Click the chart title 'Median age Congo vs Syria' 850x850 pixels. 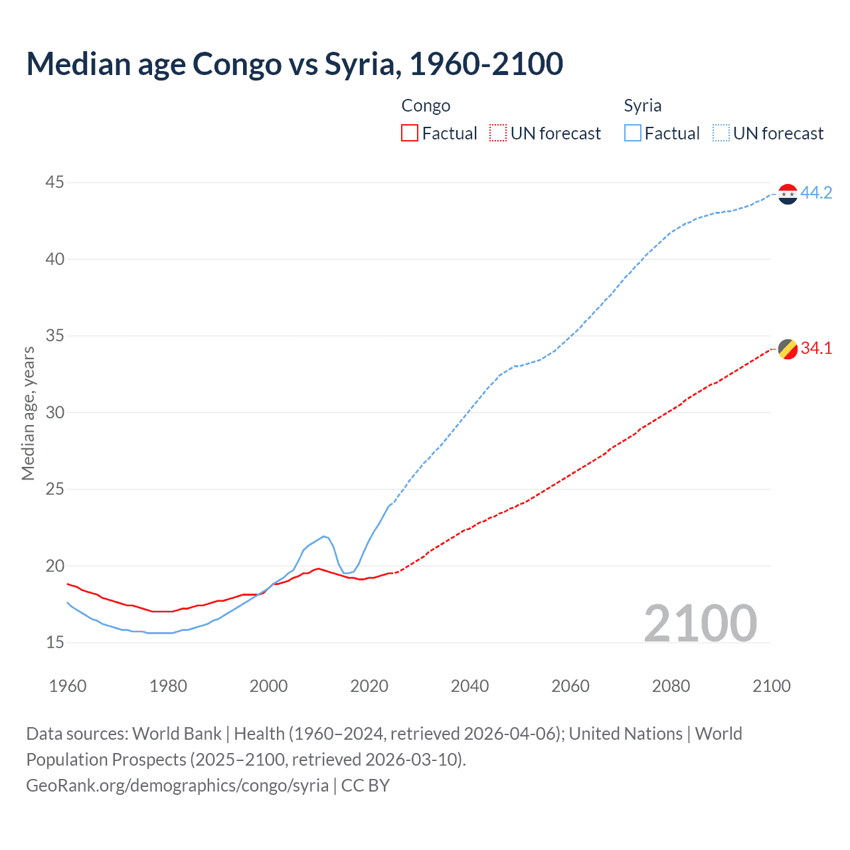[295, 64]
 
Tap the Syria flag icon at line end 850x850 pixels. [788, 194]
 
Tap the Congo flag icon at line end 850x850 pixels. [788, 349]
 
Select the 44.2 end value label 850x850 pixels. [816, 193]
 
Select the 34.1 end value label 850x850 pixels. [816, 348]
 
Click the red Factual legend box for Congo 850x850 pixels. [410, 133]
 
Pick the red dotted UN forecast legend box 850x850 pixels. [498, 133]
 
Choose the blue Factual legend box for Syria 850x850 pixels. [632, 133]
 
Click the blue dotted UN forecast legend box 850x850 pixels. [721, 133]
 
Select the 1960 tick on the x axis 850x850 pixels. [68, 686]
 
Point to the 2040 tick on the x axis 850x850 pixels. [469, 686]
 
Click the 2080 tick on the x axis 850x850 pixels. [671, 686]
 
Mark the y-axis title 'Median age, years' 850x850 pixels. [28, 413]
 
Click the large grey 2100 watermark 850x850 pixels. [700, 623]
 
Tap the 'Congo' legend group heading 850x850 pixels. [426, 106]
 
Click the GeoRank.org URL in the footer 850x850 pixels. [177, 786]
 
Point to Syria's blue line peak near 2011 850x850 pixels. [323, 536]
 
